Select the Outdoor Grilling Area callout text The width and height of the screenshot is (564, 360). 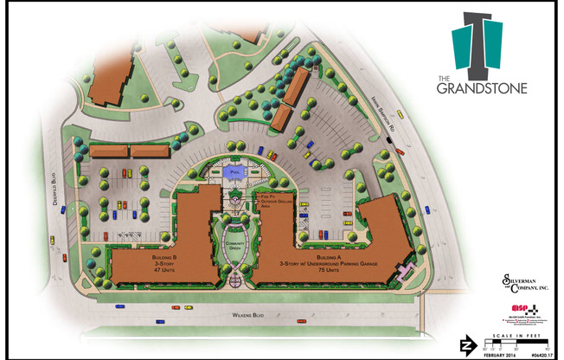click(x=273, y=208)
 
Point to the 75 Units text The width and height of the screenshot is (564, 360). click(x=328, y=271)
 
